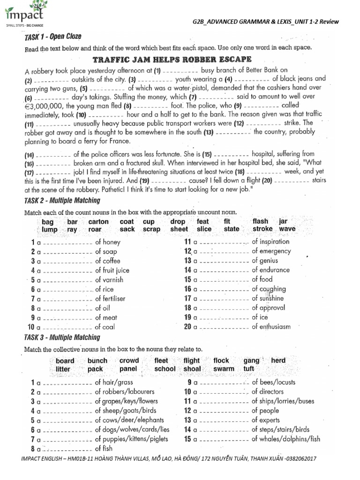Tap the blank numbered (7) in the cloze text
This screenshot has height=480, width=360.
pyautogui.click(x=210, y=97)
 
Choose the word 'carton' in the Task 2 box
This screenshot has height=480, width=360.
pyautogui.click(x=98, y=221)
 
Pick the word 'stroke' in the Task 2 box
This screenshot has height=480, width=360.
pyautogui.click(x=262, y=229)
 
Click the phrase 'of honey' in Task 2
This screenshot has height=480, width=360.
pyautogui.click(x=108, y=242)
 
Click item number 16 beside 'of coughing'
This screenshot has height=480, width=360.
pyautogui.click(x=187, y=289)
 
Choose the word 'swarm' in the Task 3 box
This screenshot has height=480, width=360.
pyautogui.click(x=223, y=369)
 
